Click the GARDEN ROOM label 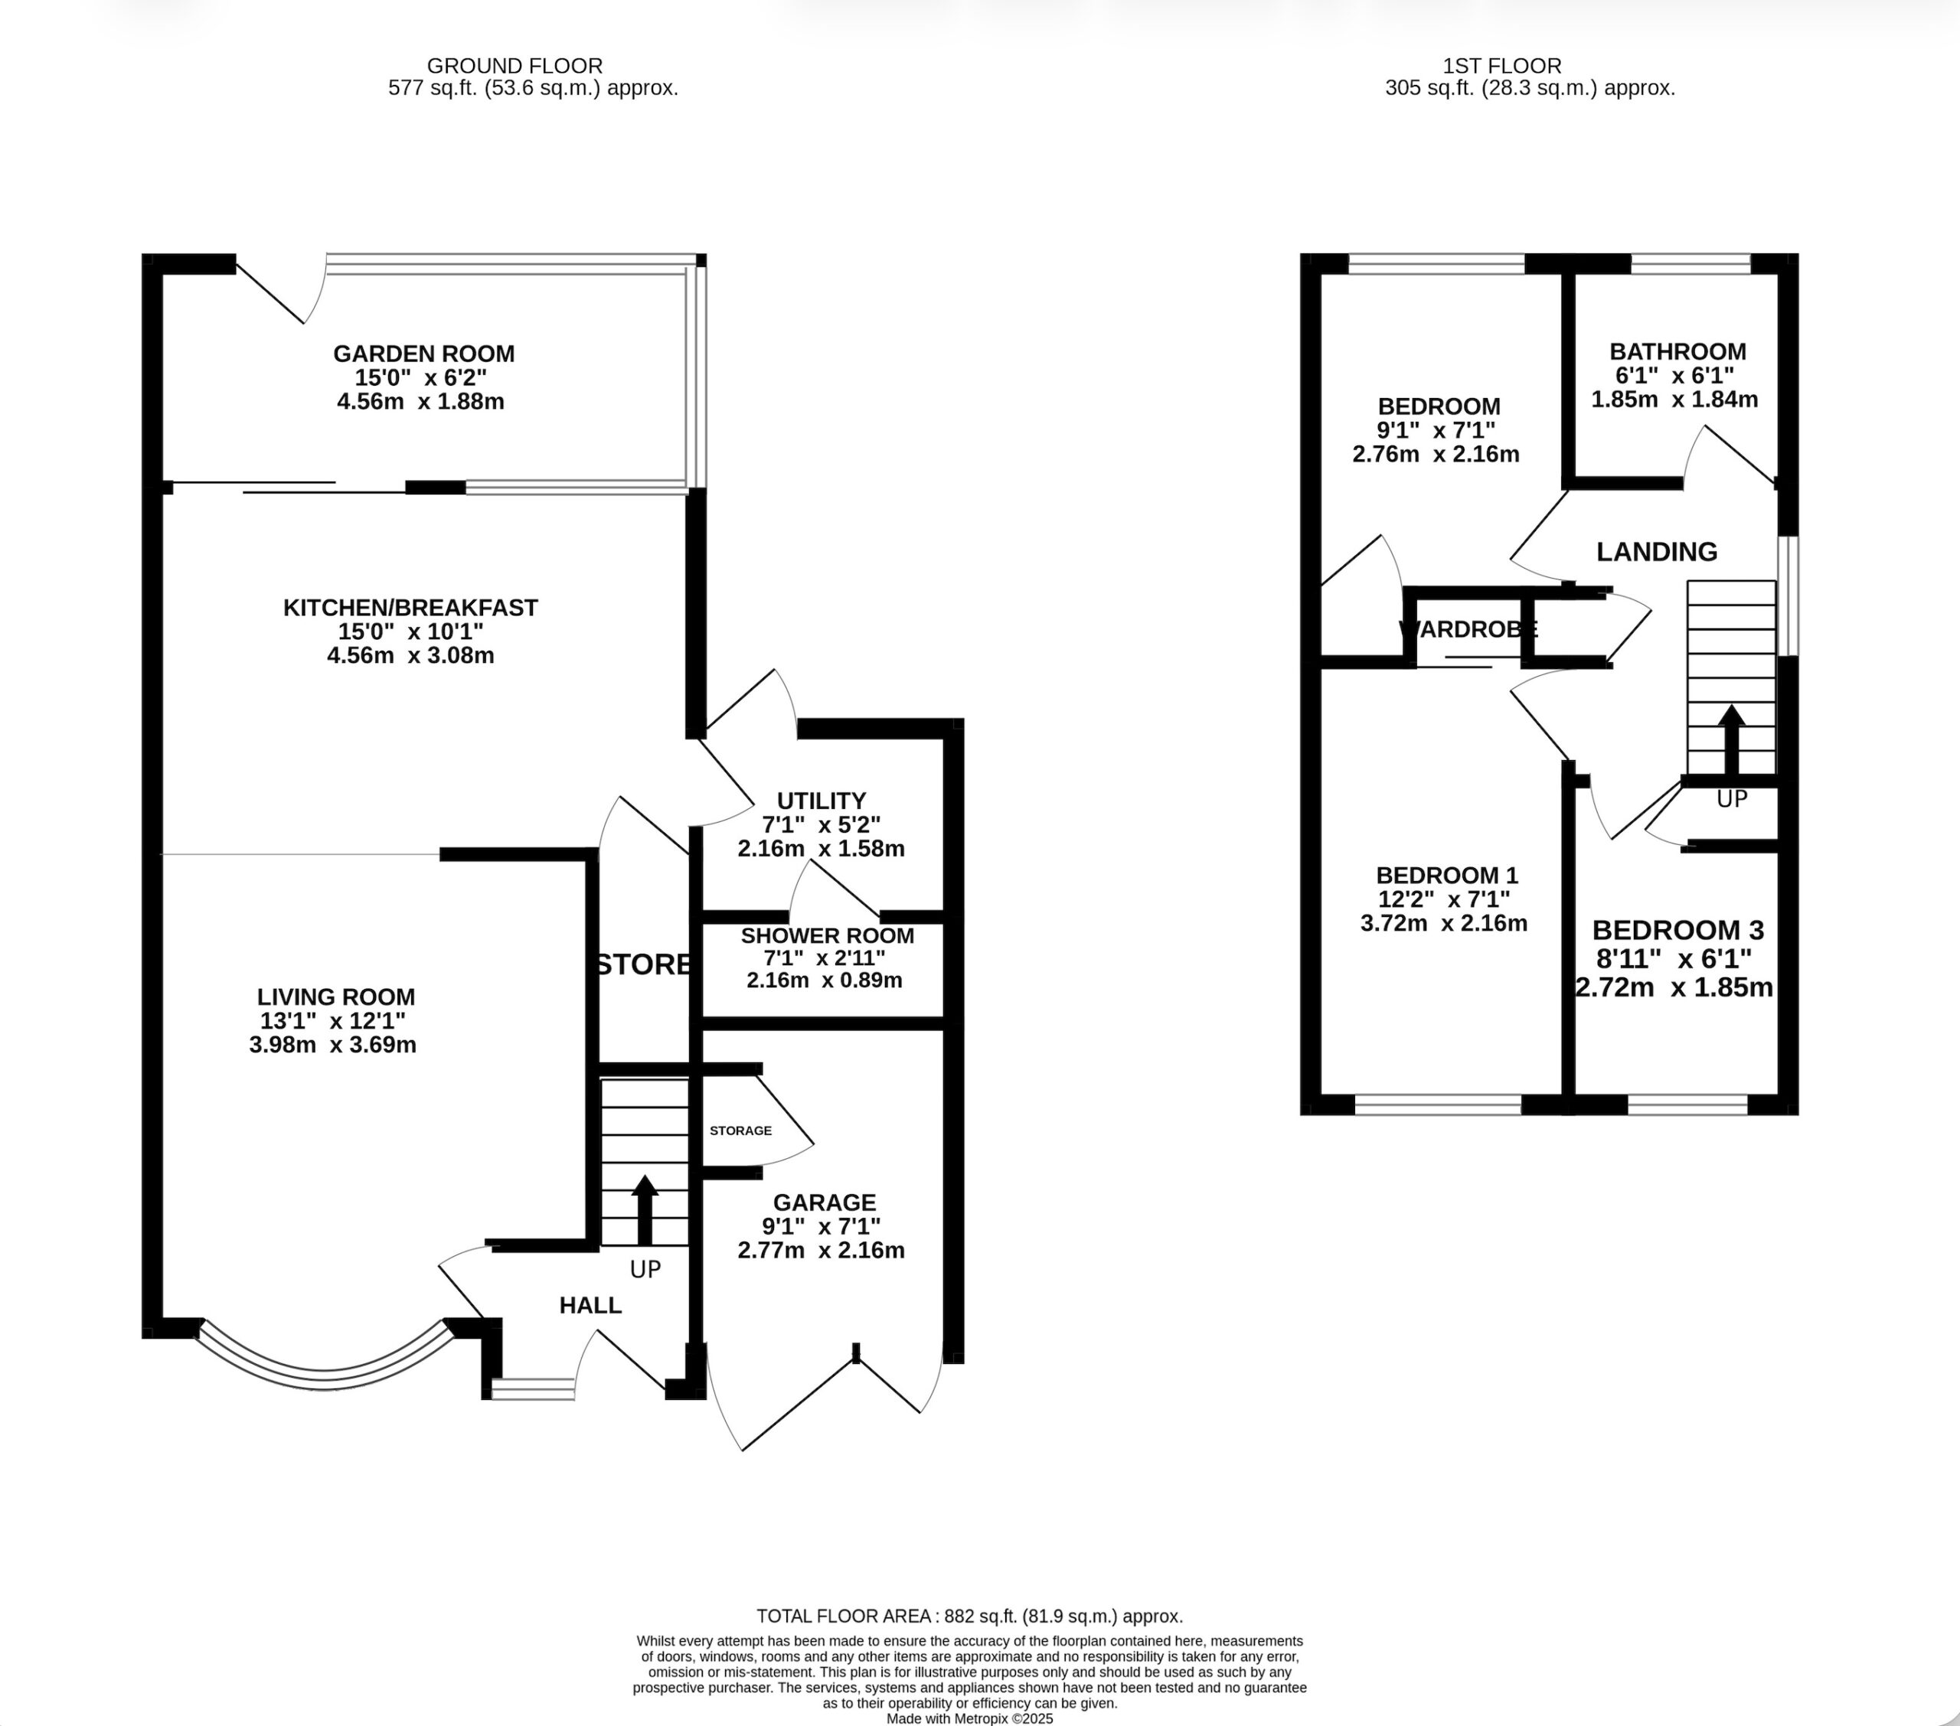click(x=424, y=354)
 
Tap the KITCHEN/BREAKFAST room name click(x=410, y=608)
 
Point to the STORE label click(x=642, y=964)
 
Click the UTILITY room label click(x=821, y=801)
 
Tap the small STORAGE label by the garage click(x=740, y=1131)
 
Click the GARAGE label click(x=825, y=1202)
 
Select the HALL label click(x=591, y=1305)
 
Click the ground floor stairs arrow click(x=645, y=1210)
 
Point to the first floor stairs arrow click(x=1731, y=740)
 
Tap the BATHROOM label click(x=1678, y=351)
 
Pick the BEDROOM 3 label click(x=1678, y=930)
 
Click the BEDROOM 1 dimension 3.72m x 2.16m click(x=1444, y=923)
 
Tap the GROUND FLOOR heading click(x=515, y=66)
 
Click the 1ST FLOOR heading click(x=1503, y=66)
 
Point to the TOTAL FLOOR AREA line click(x=969, y=1617)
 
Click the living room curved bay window click(x=324, y=1380)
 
